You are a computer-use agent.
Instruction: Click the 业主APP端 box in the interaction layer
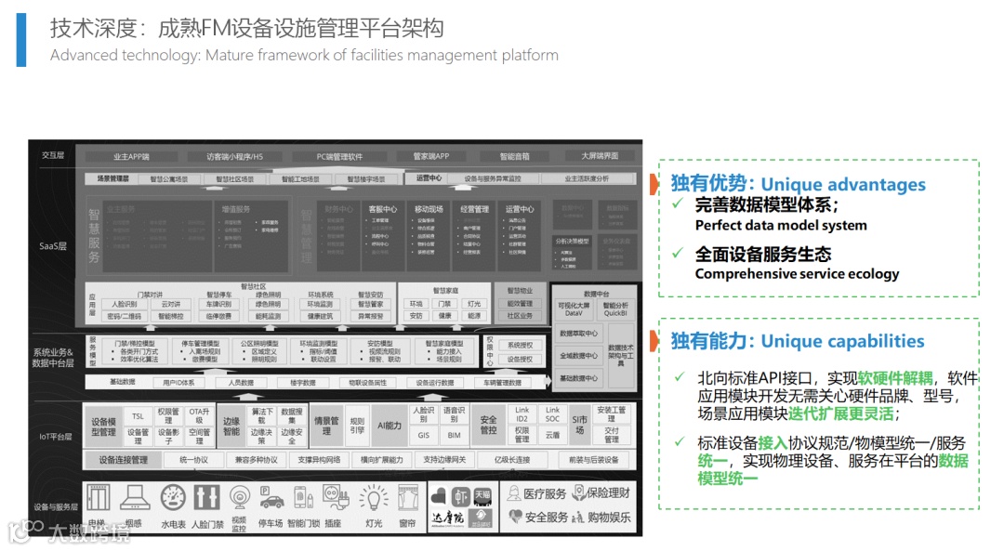[x=131, y=156]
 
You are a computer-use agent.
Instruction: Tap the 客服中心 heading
[x=382, y=209]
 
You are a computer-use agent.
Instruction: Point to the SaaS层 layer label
[x=52, y=246]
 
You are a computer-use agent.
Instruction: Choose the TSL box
[x=138, y=415]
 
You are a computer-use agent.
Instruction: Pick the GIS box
[x=423, y=434]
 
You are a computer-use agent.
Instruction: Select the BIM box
[x=454, y=434]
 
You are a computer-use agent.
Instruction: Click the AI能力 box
[x=389, y=426]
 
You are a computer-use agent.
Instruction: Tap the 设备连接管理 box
[x=123, y=460]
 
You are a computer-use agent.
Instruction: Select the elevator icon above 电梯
[x=98, y=497]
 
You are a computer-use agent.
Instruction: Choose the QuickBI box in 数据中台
[x=614, y=313]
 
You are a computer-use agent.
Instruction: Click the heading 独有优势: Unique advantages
[x=798, y=184]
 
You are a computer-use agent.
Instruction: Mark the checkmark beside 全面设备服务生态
[x=678, y=254]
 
